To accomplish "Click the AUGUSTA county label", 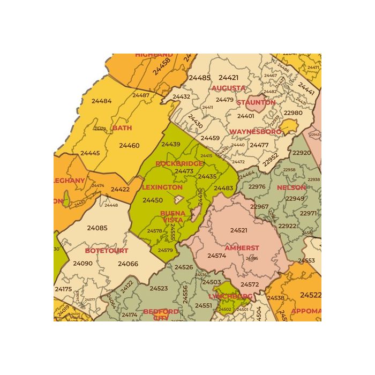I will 229,88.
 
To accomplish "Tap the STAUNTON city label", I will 256,102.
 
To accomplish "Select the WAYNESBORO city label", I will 256,132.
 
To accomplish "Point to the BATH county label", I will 122,128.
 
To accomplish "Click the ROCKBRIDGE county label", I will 179,163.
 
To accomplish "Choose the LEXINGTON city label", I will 162,187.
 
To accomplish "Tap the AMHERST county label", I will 242,249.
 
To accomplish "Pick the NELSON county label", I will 291,187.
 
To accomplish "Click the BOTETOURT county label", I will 107,251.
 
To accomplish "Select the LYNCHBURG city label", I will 230,296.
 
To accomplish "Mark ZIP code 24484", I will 101,101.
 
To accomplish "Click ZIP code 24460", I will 129,145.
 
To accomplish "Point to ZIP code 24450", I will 153,200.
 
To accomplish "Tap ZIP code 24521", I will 239,230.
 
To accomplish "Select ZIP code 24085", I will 97,228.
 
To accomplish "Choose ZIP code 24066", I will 128,264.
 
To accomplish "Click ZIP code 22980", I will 293,113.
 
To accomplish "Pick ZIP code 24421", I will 229,78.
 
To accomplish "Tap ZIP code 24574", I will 216,256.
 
